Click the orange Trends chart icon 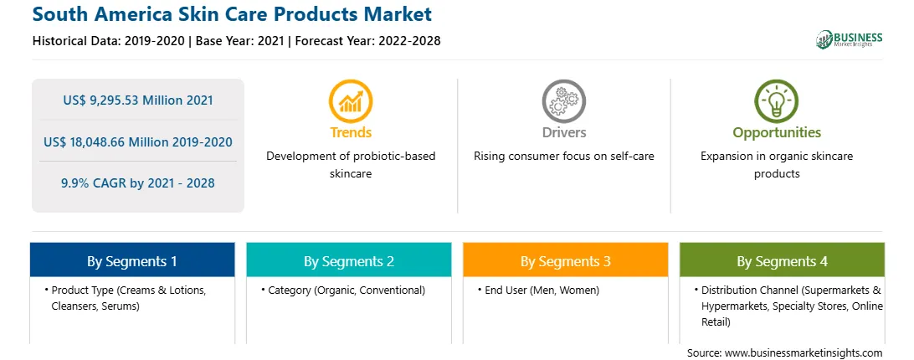(351, 101)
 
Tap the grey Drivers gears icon (563, 101)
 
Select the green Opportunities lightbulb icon (777, 101)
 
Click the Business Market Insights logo (850, 39)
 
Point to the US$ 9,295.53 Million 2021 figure (138, 100)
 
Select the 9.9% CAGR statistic (138, 183)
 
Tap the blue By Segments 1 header (132, 260)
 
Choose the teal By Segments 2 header (348, 260)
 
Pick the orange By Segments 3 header (566, 260)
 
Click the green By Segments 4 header (783, 260)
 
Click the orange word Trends (351, 132)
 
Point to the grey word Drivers (563, 132)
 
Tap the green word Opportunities (777, 133)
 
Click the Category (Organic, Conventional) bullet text (347, 290)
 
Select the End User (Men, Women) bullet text (542, 290)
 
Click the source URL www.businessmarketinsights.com (804, 353)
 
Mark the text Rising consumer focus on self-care (563, 157)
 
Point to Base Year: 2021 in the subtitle (240, 41)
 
